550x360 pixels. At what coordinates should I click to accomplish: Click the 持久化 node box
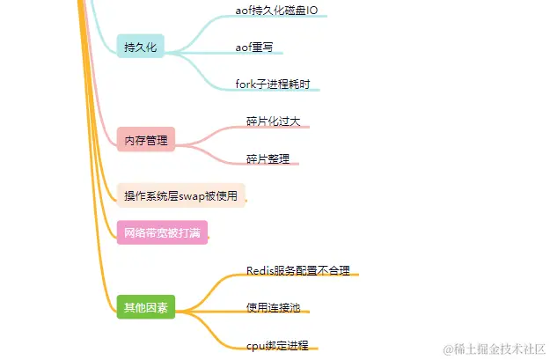tap(140, 47)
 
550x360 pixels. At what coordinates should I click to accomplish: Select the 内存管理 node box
tap(146, 139)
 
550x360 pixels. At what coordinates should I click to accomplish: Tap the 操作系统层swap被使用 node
tap(181, 196)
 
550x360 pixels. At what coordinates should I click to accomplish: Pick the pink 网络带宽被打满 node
tap(162, 233)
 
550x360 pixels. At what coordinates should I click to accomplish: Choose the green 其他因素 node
tap(146, 307)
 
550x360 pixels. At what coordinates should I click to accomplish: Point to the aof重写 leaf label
tap(253, 46)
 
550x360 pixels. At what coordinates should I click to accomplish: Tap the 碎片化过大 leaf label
tap(274, 121)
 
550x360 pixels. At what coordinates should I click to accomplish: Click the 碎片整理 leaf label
tap(268, 158)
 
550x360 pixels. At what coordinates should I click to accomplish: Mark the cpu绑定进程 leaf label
tap(278, 345)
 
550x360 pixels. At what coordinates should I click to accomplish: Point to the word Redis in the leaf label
tap(259, 270)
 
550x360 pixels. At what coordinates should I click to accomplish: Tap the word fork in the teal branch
tap(246, 84)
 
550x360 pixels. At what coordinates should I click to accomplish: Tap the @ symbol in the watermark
tap(448, 349)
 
